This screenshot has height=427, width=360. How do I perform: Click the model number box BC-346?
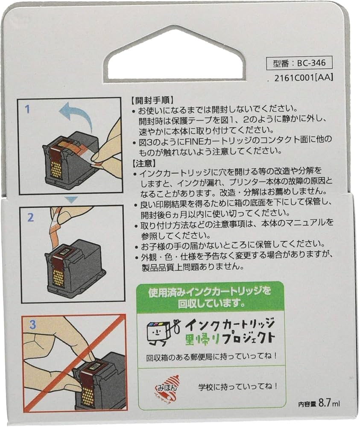(299, 63)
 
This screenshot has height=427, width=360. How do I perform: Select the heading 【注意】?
(141, 164)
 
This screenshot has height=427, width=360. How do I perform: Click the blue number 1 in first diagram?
(28, 109)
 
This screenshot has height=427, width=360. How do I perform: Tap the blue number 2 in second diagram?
(30, 217)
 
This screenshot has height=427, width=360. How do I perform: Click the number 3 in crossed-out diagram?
(32, 324)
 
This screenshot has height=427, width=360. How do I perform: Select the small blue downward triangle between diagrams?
(73, 199)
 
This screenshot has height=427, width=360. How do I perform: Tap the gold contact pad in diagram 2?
(59, 277)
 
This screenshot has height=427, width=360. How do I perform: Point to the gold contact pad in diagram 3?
(88, 396)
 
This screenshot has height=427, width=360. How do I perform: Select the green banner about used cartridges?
(210, 297)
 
